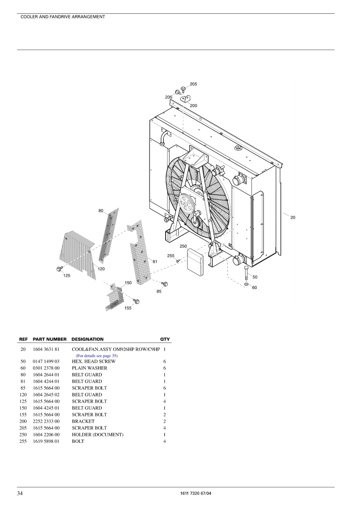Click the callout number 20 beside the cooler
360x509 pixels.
click(x=293, y=218)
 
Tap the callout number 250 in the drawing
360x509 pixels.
click(x=183, y=246)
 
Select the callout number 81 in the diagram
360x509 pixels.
click(x=155, y=261)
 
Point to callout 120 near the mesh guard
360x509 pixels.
click(x=101, y=269)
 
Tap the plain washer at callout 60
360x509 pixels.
click(x=246, y=284)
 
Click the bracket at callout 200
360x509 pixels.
click(x=186, y=99)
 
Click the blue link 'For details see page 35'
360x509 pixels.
click(x=97, y=356)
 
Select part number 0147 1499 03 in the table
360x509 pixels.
click(x=46, y=361)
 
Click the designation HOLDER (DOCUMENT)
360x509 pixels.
click(x=98, y=435)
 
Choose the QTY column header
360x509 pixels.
click(x=165, y=339)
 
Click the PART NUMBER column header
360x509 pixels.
click(x=50, y=339)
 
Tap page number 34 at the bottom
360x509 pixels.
click(x=20, y=493)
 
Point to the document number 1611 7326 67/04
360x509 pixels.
click(x=195, y=493)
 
